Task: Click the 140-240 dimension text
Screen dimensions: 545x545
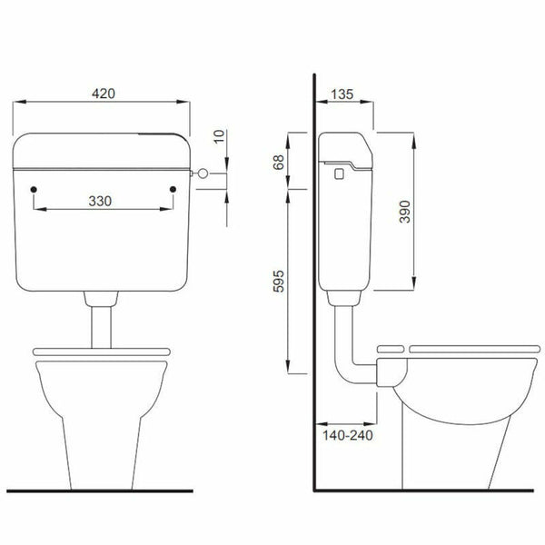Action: click(x=347, y=435)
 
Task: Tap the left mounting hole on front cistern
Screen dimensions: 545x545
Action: click(x=33, y=189)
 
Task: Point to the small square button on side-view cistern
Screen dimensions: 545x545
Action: click(x=340, y=170)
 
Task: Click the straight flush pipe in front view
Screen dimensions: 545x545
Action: click(x=100, y=322)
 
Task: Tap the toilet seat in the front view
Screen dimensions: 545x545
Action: click(x=100, y=352)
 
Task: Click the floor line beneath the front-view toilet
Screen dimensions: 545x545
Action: click(x=100, y=490)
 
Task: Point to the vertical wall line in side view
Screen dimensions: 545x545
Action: click(x=313, y=272)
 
